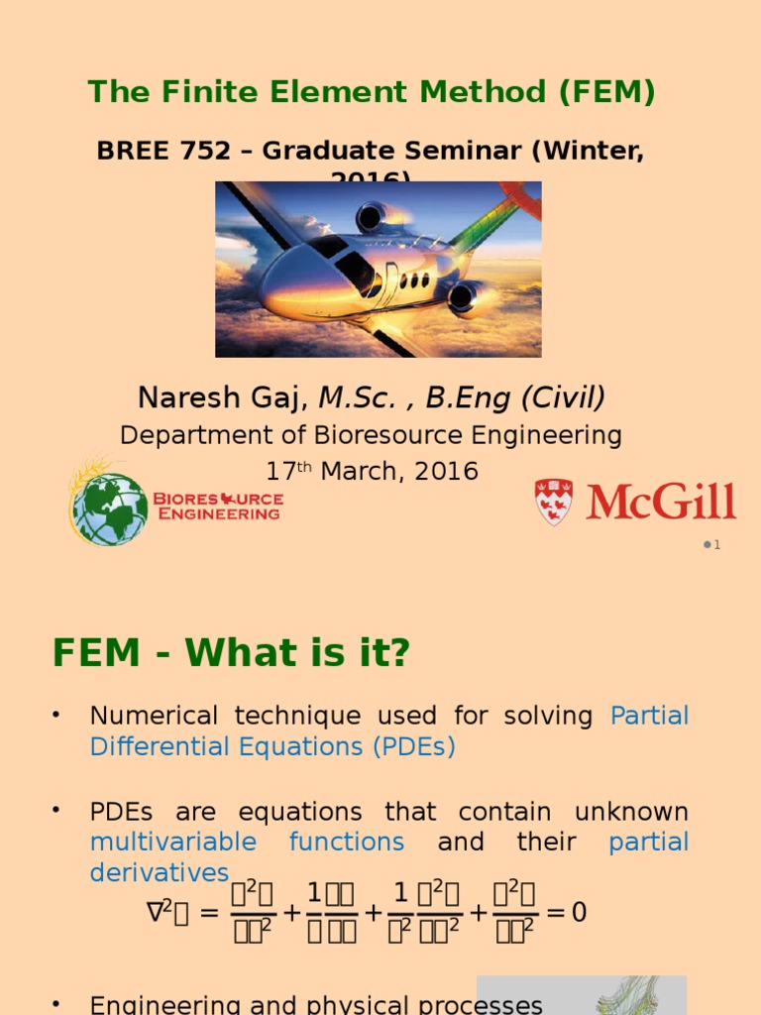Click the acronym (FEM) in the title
tap(606, 92)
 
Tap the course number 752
tap(195, 151)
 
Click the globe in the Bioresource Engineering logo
tap(109, 507)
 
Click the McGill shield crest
tap(553, 502)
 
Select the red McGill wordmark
tap(661, 502)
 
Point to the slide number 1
tap(716, 545)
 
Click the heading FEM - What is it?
tap(231, 653)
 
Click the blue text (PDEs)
tap(414, 746)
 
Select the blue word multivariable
tap(172, 843)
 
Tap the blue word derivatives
tap(159, 872)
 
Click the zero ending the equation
tap(580, 912)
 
